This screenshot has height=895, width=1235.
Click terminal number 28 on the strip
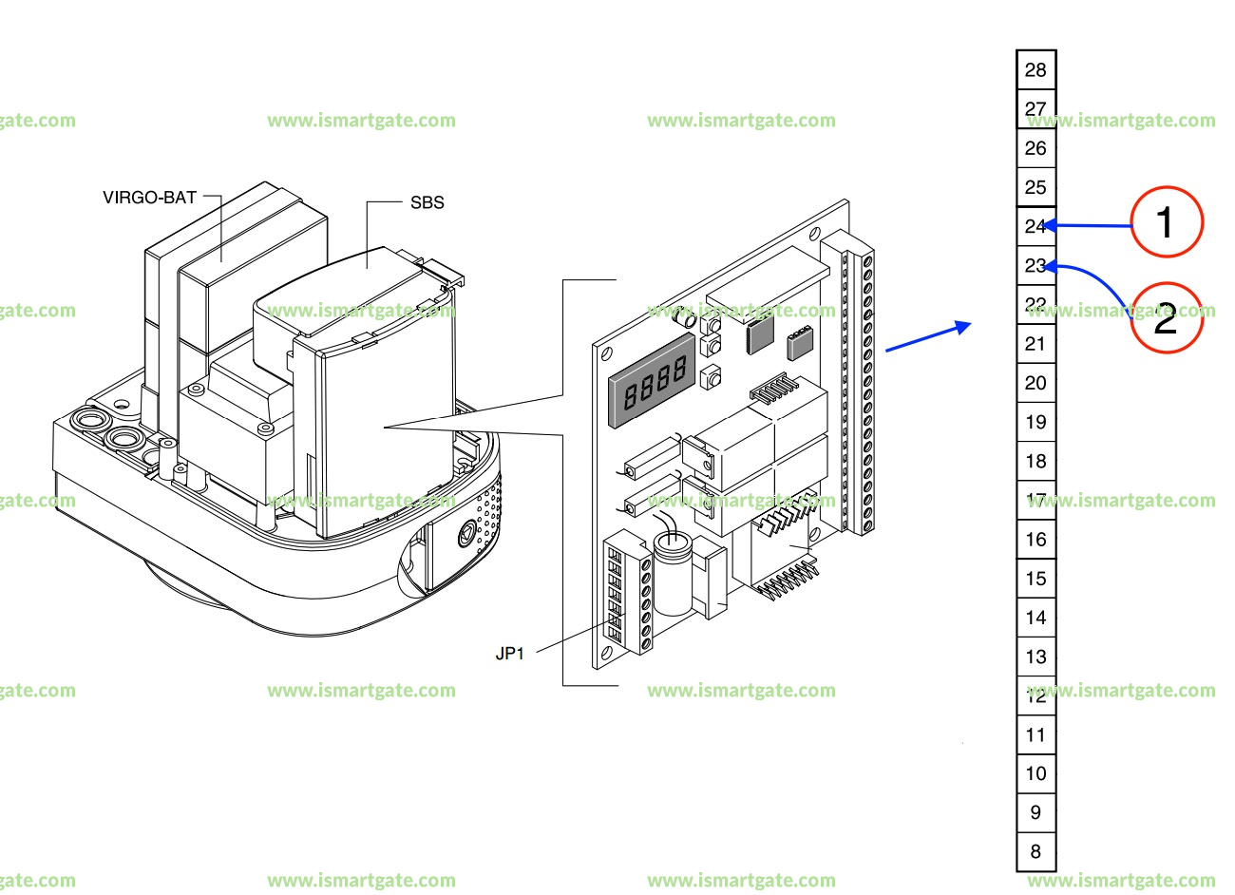click(x=1035, y=69)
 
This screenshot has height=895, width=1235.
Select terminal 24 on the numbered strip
click(x=1035, y=226)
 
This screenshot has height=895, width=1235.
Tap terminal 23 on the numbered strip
click(x=1035, y=265)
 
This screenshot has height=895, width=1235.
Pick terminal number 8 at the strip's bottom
click(x=1035, y=851)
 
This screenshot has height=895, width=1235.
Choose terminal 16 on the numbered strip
click(x=1035, y=539)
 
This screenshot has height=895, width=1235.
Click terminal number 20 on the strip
click(x=1035, y=383)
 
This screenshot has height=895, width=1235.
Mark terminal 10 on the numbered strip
click(x=1035, y=773)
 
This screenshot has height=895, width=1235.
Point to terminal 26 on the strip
click(x=1035, y=148)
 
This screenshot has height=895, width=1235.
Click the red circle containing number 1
click(x=1166, y=222)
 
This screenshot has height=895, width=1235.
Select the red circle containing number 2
click(x=1166, y=318)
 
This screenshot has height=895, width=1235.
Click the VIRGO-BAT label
click(x=149, y=198)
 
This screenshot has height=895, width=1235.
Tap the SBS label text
click(x=427, y=202)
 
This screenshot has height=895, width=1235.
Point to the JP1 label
click(x=509, y=654)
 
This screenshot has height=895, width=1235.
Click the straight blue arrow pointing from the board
click(x=927, y=337)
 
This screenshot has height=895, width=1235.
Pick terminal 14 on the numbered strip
click(x=1035, y=618)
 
